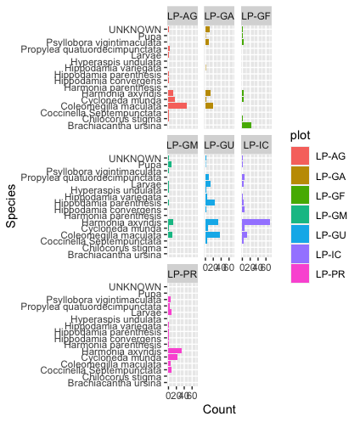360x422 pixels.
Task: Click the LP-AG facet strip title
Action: pyautogui.click(x=183, y=15)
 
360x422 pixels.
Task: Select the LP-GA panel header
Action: pyautogui.click(x=220, y=15)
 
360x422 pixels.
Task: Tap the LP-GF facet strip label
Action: pyautogui.click(x=256, y=15)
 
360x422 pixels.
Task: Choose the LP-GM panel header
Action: pyautogui.click(x=183, y=144)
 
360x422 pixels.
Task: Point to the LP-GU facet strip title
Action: pyautogui.click(x=220, y=144)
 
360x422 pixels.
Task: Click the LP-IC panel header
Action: pyautogui.click(x=256, y=144)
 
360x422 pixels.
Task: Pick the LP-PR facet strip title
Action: pyautogui.click(x=183, y=273)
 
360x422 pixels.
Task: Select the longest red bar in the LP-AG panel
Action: pyautogui.click(x=177, y=106)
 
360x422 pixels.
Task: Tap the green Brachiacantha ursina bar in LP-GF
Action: pyautogui.click(x=246, y=126)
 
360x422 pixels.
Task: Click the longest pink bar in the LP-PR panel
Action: pyautogui.click(x=175, y=351)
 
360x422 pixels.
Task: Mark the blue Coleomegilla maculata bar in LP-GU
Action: pyautogui.click(x=212, y=234)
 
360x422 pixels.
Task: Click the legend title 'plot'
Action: pyautogui.click(x=299, y=135)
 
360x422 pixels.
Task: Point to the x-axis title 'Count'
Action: pyautogui.click(x=219, y=409)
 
